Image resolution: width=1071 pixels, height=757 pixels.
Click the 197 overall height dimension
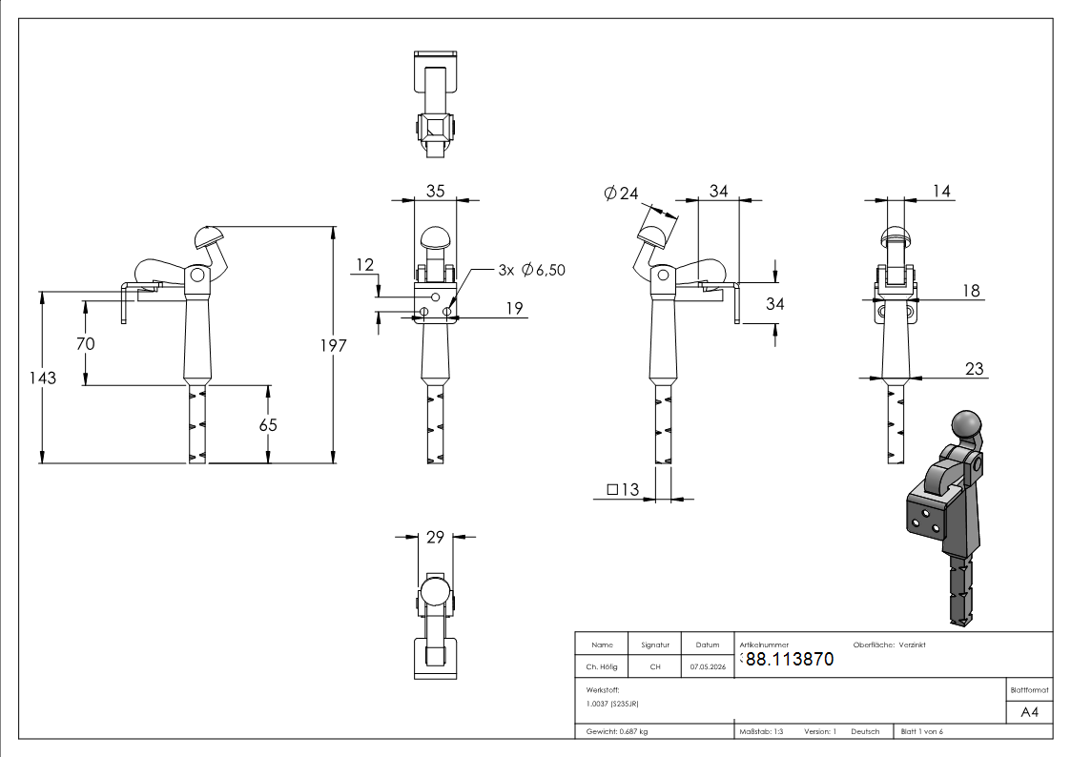click(334, 345)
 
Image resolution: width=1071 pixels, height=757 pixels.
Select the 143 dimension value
click(42, 378)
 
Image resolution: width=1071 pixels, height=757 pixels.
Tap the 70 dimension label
click(86, 343)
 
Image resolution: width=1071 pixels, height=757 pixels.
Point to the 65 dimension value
click(268, 425)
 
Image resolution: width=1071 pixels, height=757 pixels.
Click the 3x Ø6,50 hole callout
click(532, 271)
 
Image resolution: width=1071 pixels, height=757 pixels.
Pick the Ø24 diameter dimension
click(621, 194)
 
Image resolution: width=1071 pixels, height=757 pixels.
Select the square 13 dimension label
click(622, 489)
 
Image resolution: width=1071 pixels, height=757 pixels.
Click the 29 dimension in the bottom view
click(435, 537)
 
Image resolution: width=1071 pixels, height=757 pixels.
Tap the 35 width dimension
click(435, 191)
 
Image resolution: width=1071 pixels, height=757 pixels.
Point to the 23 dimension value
click(974, 369)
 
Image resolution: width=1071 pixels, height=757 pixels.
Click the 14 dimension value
click(941, 191)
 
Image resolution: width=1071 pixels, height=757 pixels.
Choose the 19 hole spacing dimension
click(514, 309)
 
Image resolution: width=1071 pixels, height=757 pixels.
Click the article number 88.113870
click(791, 660)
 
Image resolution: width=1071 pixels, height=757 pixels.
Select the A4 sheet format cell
click(1029, 712)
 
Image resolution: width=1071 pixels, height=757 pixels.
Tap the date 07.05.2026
click(708, 666)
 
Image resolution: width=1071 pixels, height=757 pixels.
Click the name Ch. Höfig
click(601, 666)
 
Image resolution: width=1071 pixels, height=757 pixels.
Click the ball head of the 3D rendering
click(966, 424)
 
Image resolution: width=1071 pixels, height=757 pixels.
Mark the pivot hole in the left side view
click(197, 276)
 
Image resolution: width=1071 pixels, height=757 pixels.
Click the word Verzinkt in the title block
click(912, 645)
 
